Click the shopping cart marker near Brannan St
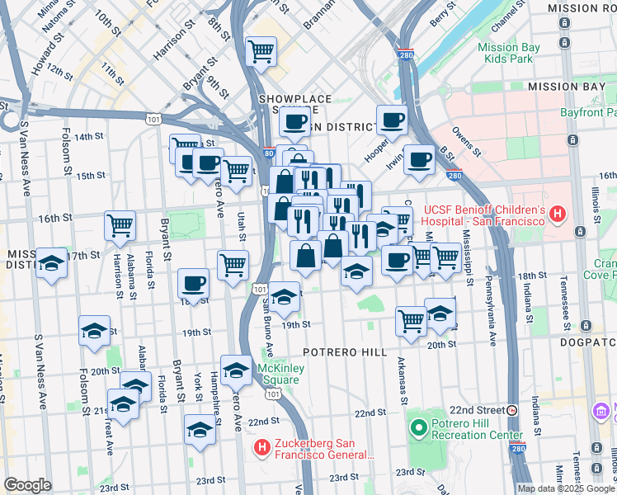pyautogui.click(x=261, y=52)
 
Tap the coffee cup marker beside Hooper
pyautogui.click(x=392, y=120)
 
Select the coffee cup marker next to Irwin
pyautogui.click(x=419, y=159)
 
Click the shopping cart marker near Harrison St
pyautogui.click(x=120, y=224)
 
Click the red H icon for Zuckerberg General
pyautogui.click(x=261, y=448)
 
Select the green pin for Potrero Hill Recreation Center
pyautogui.click(x=418, y=427)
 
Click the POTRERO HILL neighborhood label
pyautogui.click(x=344, y=351)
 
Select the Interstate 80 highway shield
pyautogui.click(x=270, y=153)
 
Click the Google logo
pyautogui.click(x=27, y=485)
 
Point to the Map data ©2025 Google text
pyautogui.click(x=565, y=488)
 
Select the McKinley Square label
pyautogui.click(x=276, y=373)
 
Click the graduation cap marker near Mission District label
pyautogui.click(x=51, y=264)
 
